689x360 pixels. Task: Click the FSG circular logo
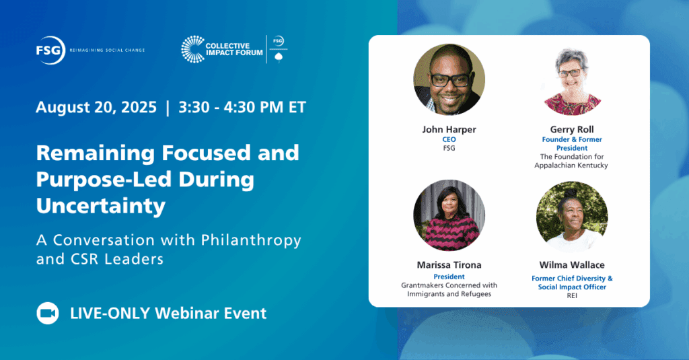[x=50, y=50]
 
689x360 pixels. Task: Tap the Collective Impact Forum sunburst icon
[x=193, y=49]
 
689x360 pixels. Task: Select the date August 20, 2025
[x=96, y=107]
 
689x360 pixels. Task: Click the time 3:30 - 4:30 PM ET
[x=242, y=107]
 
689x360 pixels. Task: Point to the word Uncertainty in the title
[x=101, y=206]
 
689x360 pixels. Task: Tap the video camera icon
[x=48, y=313]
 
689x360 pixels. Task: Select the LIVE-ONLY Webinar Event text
[x=168, y=313]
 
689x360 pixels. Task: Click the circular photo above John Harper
[x=449, y=79]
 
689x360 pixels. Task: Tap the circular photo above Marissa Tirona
[x=449, y=215]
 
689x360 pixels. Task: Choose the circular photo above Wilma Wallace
[x=572, y=215]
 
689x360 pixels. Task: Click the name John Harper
[x=449, y=129]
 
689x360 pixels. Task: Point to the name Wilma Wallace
[x=572, y=265]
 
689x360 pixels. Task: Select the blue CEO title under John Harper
[x=449, y=139]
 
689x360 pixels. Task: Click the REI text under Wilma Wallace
[x=572, y=295]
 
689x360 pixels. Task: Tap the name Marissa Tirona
[x=449, y=265]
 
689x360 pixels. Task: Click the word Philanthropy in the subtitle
[x=251, y=240]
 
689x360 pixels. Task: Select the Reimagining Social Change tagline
[x=107, y=50]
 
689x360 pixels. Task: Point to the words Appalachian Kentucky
[x=571, y=166]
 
